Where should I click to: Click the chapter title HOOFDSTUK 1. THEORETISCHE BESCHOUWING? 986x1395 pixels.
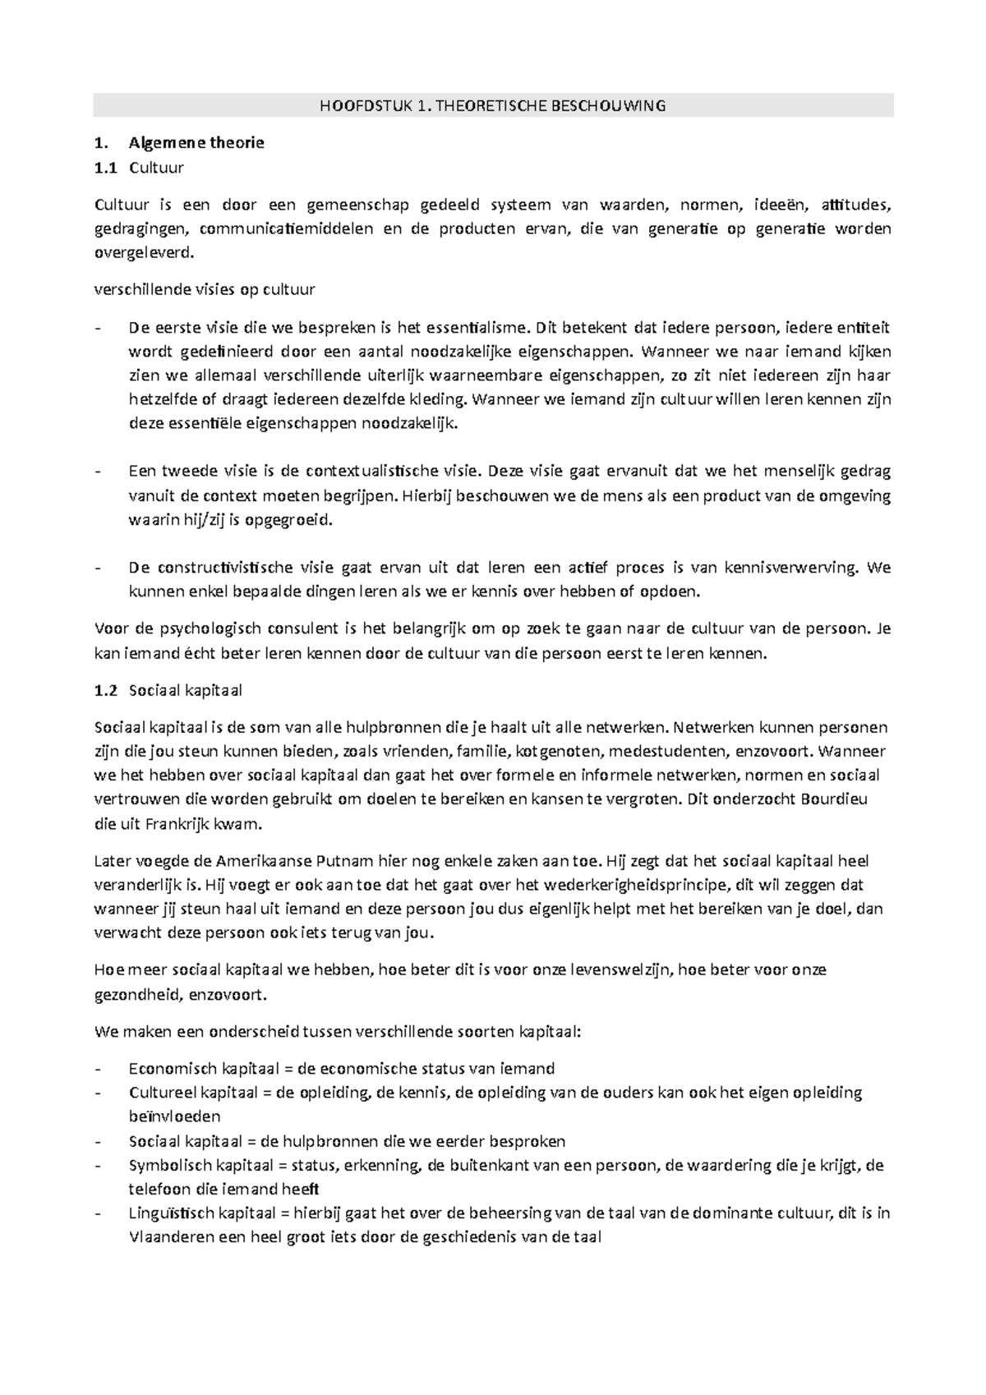pos(492,106)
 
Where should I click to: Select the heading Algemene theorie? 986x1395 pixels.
pos(196,143)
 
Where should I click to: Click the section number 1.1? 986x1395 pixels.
pos(106,168)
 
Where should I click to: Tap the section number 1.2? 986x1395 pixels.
pos(106,690)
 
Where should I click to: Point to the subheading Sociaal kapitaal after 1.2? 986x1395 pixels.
pos(185,690)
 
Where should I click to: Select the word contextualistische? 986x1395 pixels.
pos(371,472)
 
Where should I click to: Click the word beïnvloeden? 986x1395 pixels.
pos(174,1116)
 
